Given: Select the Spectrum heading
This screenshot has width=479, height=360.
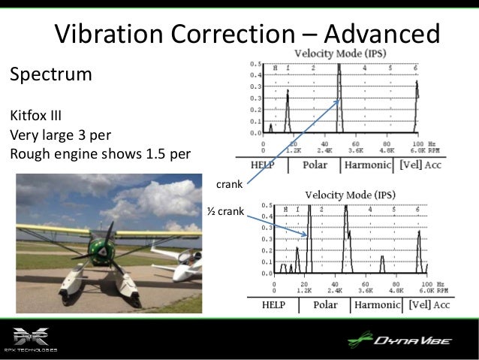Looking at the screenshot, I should click(x=50, y=75).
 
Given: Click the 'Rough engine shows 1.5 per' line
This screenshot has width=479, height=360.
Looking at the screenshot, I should click(x=99, y=156).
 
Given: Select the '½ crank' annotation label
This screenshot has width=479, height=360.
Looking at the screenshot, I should click(x=225, y=212).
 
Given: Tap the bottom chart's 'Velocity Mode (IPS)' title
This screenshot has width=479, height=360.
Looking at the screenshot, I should click(x=351, y=194).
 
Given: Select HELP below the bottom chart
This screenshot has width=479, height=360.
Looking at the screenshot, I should click(x=276, y=305).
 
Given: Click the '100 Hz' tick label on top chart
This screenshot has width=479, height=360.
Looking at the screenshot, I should click(x=419, y=143).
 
